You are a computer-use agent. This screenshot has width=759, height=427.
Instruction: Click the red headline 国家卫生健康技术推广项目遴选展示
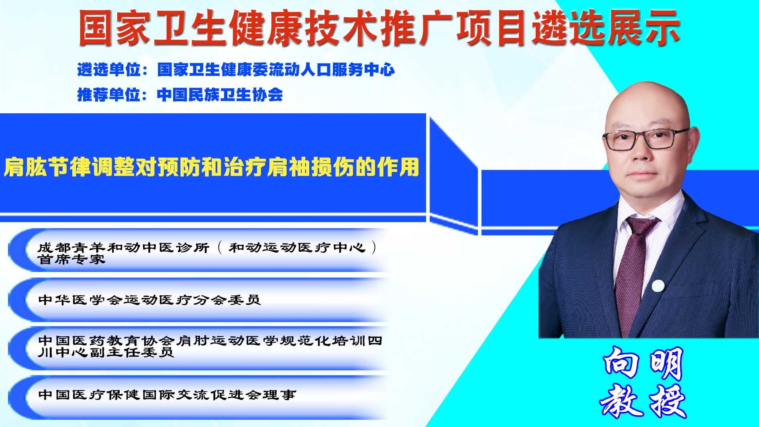point(379,28)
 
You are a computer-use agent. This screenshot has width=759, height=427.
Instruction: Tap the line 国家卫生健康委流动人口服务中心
point(276,70)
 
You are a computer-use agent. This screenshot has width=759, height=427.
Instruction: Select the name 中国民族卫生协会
point(220,95)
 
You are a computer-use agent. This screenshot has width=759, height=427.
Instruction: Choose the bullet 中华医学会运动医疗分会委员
point(149,300)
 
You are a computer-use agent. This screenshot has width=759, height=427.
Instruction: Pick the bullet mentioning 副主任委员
point(210,346)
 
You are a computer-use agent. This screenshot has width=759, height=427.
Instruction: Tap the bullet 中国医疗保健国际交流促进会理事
point(167,394)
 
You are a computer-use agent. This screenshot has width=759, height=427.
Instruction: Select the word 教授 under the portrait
point(643,400)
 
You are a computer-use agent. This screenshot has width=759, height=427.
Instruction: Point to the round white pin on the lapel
point(658,286)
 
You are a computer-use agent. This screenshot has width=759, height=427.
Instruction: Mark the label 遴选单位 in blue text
point(109,70)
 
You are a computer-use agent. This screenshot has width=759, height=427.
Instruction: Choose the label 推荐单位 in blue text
point(109,95)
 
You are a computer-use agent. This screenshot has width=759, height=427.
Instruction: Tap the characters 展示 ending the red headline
point(643,28)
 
